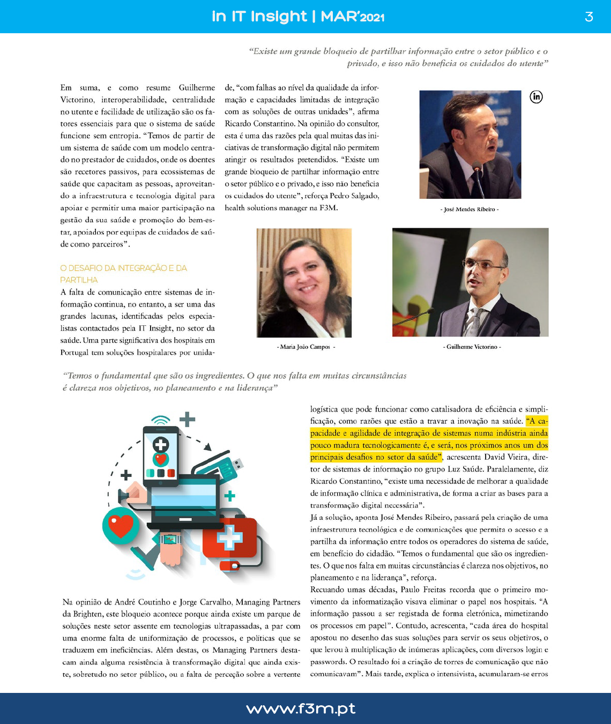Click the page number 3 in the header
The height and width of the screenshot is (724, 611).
tap(588, 17)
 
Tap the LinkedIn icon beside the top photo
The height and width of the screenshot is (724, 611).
tap(536, 96)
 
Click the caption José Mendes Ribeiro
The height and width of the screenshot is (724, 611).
tap(470, 210)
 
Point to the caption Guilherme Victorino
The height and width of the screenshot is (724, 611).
tap(472, 347)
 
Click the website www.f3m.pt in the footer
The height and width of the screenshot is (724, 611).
tap(301, 708)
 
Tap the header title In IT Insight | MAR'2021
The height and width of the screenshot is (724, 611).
tap(298, 17)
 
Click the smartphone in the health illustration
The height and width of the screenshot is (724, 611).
tap(160, 456)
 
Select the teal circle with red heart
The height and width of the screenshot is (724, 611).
tap(121, 525)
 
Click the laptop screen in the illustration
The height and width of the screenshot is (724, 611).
tap(185, 496)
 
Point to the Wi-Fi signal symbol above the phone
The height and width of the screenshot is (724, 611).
tap(161, 420)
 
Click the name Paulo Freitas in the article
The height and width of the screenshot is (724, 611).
tap(424, 589)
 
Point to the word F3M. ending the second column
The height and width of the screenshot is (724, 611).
tap(329, 208)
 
